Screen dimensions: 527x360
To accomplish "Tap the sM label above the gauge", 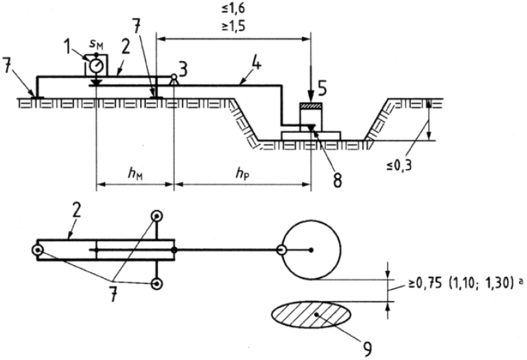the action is point(95,44).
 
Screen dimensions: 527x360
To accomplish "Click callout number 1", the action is point(69,47).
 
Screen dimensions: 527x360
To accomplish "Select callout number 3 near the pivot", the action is point(182,70).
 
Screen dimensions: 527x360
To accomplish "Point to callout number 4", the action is point(257,63).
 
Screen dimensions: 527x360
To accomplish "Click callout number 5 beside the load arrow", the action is point(322,88).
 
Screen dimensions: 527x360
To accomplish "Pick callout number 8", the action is point(337,180).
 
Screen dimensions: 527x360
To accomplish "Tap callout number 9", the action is point(367,348).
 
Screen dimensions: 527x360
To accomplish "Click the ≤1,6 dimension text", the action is point(233,9).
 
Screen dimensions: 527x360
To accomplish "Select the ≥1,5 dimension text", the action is point(233,26).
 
